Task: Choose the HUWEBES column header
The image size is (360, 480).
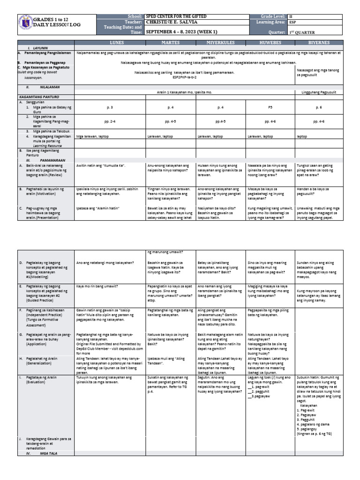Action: [270, 43]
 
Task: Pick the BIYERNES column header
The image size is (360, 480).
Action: [319, 43]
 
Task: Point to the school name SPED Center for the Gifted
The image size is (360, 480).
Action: [176, 16]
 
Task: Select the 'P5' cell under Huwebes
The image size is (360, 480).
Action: [270, 107]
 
